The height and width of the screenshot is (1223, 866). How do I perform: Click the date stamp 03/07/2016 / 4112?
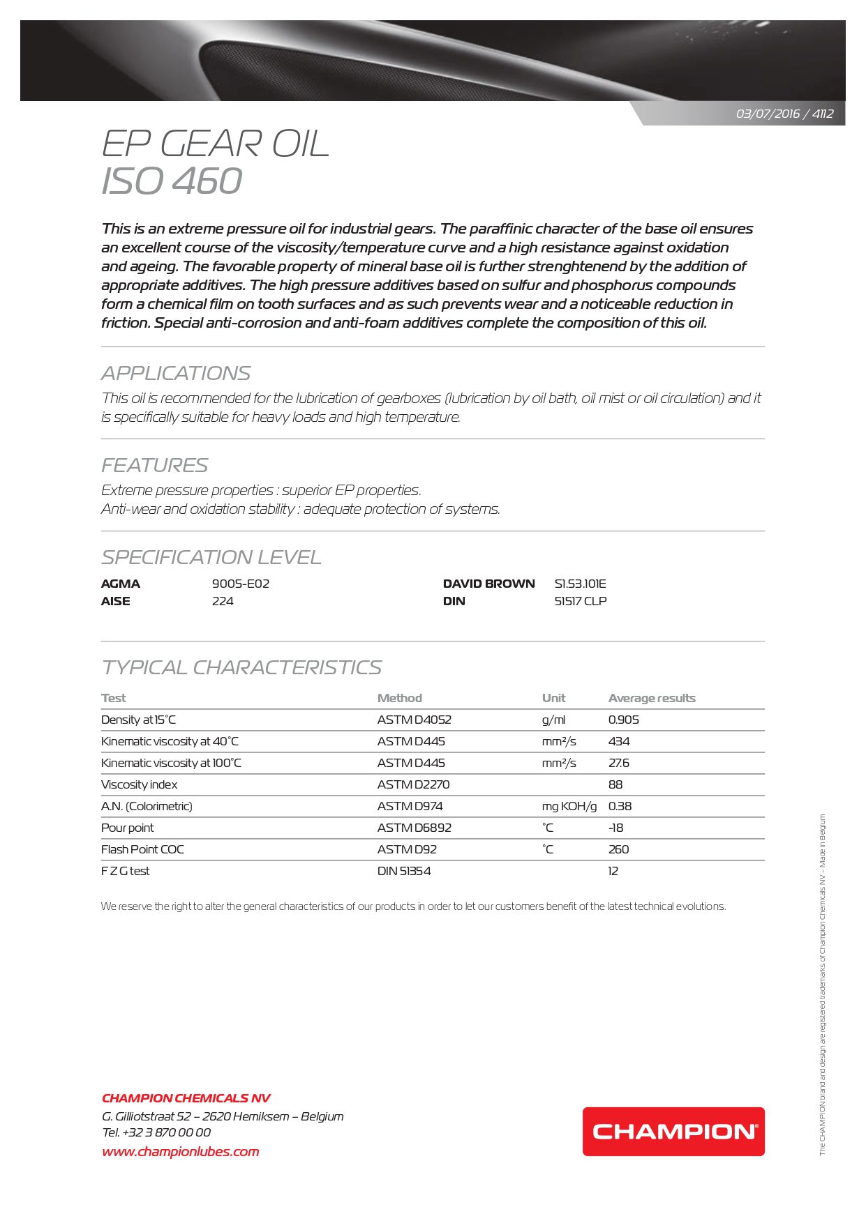(784, 114)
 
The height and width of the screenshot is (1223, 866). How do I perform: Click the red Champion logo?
(673, 1131)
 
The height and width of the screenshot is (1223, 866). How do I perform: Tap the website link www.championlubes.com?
(180, 1151)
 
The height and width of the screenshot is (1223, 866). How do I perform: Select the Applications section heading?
(176, 374)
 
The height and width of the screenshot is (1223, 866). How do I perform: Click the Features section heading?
(154, 465)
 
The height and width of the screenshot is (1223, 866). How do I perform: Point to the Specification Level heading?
(211, 557)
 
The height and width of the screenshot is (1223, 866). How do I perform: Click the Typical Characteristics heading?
(241, 667)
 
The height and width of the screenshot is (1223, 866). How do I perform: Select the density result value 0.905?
(623, 720)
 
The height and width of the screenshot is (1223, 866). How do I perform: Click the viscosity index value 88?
(615, 784)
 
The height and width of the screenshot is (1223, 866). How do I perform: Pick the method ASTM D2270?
(413, 784)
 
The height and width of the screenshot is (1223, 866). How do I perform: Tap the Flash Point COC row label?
(142, 849)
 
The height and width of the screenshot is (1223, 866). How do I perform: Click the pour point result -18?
(615, 828)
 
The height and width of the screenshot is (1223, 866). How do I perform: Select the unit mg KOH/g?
(569, 806)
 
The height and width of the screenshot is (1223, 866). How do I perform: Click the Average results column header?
(651, 698)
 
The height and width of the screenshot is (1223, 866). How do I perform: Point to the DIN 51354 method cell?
(403, 871)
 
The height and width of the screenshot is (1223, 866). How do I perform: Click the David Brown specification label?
(488, 584)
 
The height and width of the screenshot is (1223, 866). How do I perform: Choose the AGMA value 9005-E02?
(240, 584)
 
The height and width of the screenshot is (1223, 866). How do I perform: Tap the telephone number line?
(156, 1132)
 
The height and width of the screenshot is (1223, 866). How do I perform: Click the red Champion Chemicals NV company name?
(186, 1098)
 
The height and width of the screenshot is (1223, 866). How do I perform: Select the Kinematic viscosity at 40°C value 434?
(619, 741)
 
